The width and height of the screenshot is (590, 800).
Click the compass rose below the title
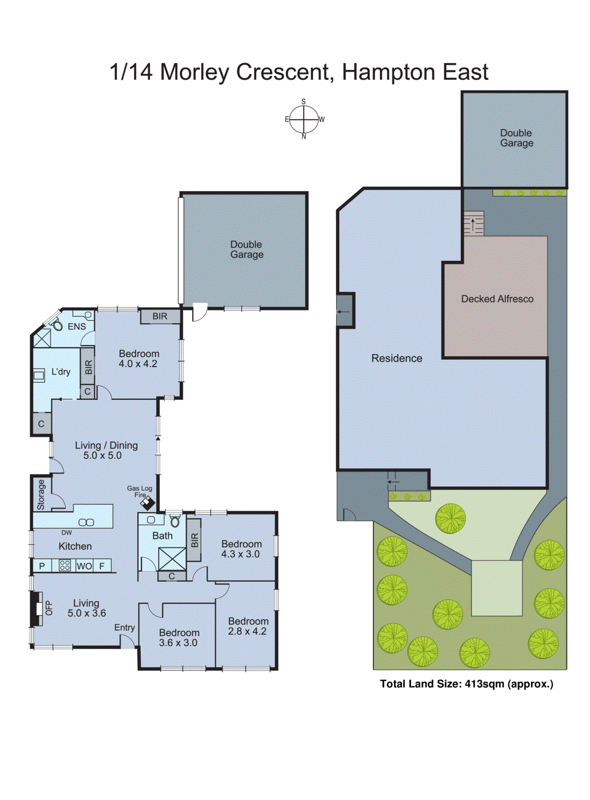click(x=304, y=119)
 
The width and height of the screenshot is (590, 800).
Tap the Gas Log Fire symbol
click(x=148, y=502)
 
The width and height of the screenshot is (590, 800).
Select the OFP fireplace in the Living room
click(x=37, y=608)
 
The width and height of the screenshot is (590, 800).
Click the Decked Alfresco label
click(x=497, y=299)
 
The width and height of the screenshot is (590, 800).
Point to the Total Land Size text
click(x=466, y=684)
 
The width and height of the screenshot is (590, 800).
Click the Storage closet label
click(x=41, y=494)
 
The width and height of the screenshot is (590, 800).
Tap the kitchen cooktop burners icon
click(x=65, y=565)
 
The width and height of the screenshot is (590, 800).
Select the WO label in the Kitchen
click(x=84, y=566)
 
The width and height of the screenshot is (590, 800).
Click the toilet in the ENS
click(x=57, y=325)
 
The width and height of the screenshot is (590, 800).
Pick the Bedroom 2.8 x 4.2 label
click(x=248, y=626)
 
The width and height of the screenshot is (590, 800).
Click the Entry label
click(x=124, y=627)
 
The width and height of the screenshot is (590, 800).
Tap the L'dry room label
click(x=61, y=372)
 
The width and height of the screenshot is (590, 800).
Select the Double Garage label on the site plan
click(x=516, y=138)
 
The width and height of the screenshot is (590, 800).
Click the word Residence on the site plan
click(x=396, y=358)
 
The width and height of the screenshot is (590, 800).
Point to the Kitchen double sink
click(x=86, y=522)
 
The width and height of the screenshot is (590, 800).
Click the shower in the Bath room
click(x=172, y=558)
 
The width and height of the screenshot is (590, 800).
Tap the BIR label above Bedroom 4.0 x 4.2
click(x=160, y=316)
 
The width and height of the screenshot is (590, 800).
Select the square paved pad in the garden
click(x=496, y=588)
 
